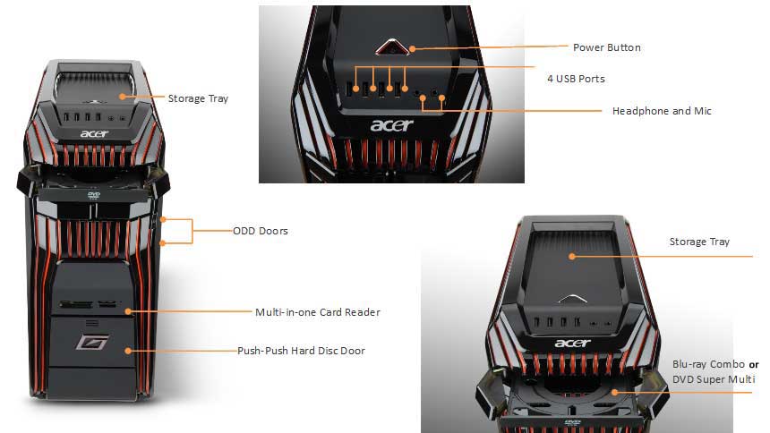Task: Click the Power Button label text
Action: click(606, 47)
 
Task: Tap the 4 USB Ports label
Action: click(576, 79)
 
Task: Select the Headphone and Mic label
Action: click(662, 111)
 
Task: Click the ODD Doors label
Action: click(261, 231)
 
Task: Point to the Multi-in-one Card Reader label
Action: click(318, 312)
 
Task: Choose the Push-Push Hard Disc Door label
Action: click(301, 351)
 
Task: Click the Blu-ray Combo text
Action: click(708, 364)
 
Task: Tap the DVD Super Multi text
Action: click(714, 379)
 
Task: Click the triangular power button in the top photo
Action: click(392, 47)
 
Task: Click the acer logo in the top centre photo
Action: click(392, 125)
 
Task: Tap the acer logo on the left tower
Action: click(94, 133)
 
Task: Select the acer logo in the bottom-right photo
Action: click(573, 343)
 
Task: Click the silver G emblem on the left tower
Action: click(92, 341)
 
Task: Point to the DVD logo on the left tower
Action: click(94, 195)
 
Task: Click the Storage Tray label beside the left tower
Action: click(198, 98)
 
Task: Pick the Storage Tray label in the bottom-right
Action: click(699, 242)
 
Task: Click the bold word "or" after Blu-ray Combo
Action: click(754, 365)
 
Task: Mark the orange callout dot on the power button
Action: click(413, 48)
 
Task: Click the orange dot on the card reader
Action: click(128, 311)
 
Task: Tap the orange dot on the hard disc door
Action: click(128, 351)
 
